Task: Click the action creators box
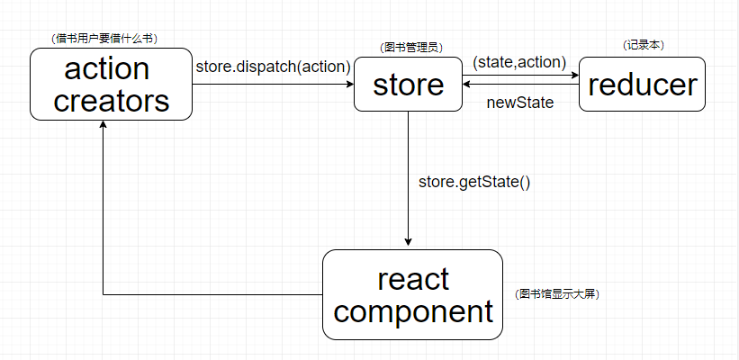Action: pyautogui.click(x=111, y=84)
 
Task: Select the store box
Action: pyautogui.click(x=408, y=85)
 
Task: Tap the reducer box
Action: pyautogui.click(x=642, y=84)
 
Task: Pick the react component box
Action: pyautogui.click(x=412, y=294)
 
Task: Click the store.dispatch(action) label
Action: pyautogui.click(x=272, y=67)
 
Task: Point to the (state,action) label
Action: pyautogui.click(x=519, y=62)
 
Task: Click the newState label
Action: pyautogui.click(x=519, y=103)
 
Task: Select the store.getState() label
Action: pyautogui.click(x=474, y=182)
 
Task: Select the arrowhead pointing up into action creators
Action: pyautogui.click(x=104, y=126)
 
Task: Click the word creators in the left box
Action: pyautogui.click(x=111, y=99)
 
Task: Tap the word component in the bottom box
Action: pyautogui.click(x=419, y=311)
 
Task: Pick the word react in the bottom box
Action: pyautogui.click(x=413, y=279)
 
